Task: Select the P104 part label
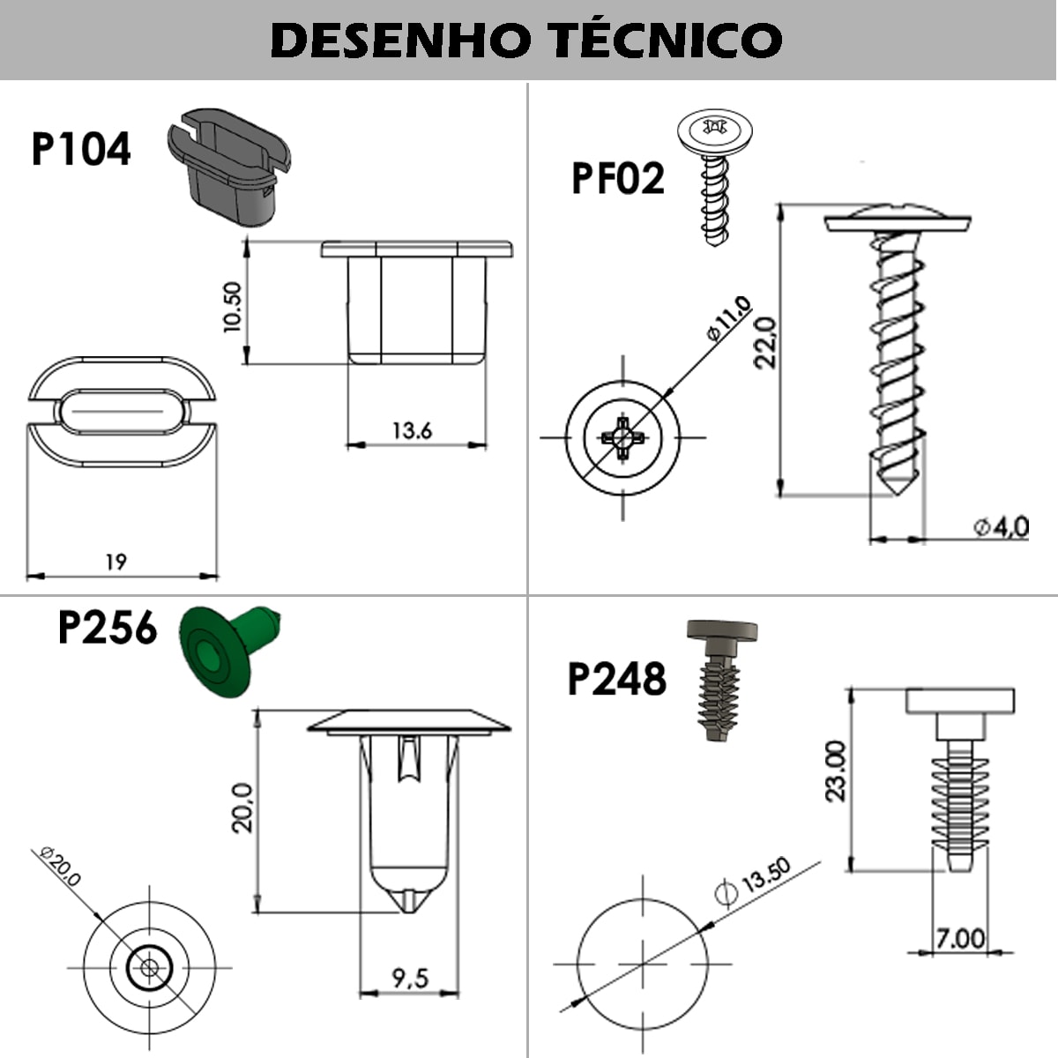point(81,150)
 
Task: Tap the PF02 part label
point(617,179)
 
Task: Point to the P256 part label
point(107,629)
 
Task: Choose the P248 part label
point(616,680)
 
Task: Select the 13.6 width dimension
point(412,430)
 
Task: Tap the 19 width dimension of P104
point(115,562)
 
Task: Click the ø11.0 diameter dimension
point(728,318)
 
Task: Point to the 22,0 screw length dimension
point(765,343)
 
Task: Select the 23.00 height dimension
point(834,771)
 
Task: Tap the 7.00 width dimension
point(960,937)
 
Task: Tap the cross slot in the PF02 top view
point(622,437)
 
